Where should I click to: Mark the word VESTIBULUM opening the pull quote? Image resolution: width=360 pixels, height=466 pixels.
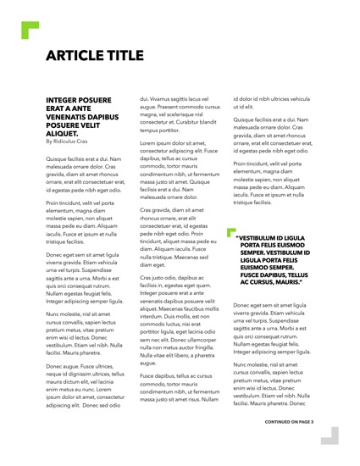[x=256, y=239]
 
